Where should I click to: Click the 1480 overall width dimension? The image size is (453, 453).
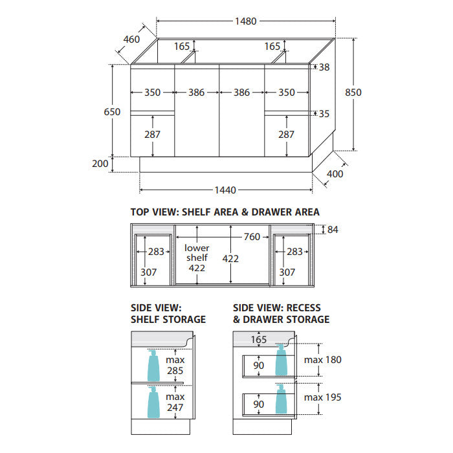click(245, 21)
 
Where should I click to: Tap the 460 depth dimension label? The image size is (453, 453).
click(132, 39)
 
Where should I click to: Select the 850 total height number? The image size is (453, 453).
click(353, 93)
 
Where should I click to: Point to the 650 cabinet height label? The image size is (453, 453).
click(112, 112)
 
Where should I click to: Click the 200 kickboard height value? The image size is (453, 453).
click(100, 164)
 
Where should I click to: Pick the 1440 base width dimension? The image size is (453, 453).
click(225, 190)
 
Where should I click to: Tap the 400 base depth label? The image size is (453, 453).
click(335, 174)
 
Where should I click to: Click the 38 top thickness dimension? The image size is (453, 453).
click(324, 67)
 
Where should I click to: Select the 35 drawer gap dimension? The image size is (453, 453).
click(324, 114)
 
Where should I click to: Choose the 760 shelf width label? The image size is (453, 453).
click(252, 237)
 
